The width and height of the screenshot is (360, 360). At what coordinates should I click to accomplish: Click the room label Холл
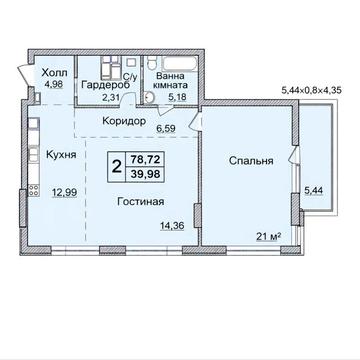tap(53, 73)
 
